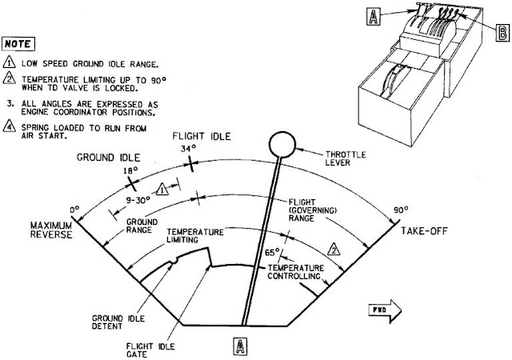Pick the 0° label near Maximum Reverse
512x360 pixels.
coord(76,210)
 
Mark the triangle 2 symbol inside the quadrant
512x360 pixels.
coord(337,248)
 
